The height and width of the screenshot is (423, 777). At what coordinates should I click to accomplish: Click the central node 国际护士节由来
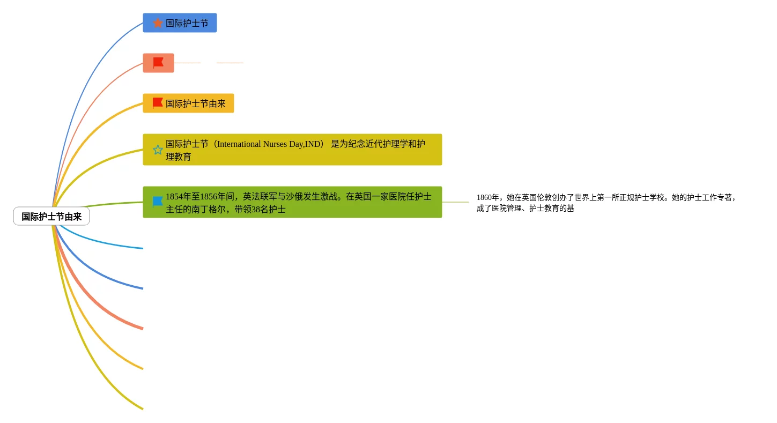(x=51, y=217)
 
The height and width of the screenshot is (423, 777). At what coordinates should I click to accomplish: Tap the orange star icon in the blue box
(x=158, y=23)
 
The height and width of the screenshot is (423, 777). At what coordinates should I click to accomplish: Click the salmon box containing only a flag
(x=158, y=63)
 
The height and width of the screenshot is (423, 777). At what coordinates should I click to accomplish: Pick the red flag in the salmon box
(x=158, y=63)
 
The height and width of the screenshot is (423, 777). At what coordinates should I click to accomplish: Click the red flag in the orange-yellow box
(x=158, y=103)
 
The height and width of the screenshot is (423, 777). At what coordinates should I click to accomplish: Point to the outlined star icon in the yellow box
(x=158, y=150)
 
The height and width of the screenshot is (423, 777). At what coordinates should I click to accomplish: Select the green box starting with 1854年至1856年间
(x=292, y=202)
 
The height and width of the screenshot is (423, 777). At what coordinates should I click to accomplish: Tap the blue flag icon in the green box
(x=158, y=202)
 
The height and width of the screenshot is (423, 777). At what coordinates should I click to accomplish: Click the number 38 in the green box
(x=256, y=210)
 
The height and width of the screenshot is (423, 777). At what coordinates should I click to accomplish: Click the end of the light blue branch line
(x=142, y=248)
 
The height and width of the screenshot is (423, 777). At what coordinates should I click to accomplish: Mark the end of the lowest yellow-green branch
(x=142, y=408)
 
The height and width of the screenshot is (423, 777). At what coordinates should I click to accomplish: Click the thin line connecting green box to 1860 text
(x=455, y=202)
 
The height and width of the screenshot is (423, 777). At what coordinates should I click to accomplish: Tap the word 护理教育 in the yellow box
(x=179, y=157)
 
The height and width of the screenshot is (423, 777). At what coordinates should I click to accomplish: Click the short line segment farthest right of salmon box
(x=230, y=63)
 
